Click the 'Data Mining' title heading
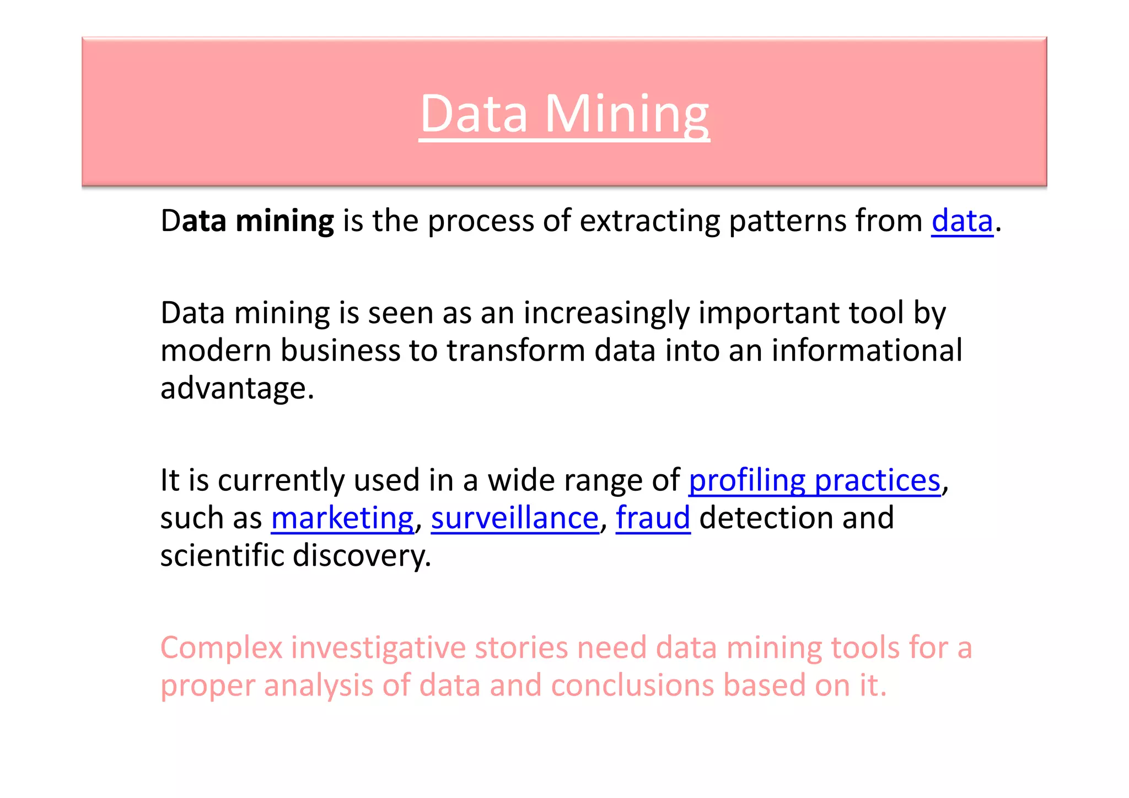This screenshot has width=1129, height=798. (564, 114)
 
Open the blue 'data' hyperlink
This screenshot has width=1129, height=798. (962, 221)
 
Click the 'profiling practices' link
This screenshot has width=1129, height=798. (814, 480)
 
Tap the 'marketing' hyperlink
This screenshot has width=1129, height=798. (342, 518)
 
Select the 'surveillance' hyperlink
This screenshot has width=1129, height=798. (514, 518)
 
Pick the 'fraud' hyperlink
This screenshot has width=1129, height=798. (653, 518)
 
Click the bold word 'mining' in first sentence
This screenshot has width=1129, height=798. (284, 221)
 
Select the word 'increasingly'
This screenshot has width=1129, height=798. (606, 313)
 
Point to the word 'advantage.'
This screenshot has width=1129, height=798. (237, 388)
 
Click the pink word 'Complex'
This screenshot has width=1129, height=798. (222, 647)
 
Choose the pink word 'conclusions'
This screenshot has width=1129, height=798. (632, 685)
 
